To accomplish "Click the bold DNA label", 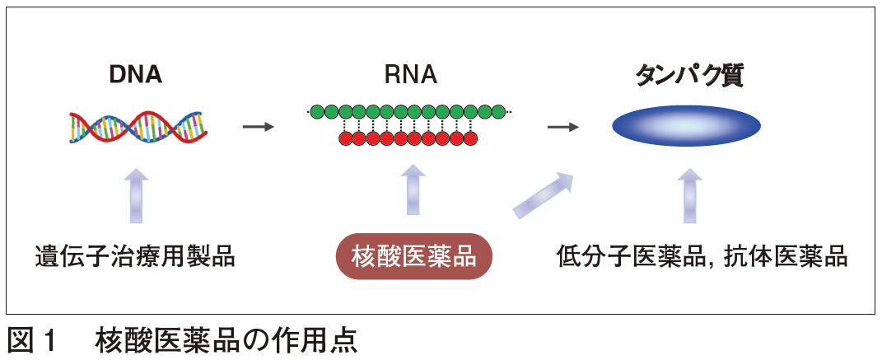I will pos(137,75).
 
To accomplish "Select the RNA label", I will pos(410,75).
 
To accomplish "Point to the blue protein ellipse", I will pos(686,126).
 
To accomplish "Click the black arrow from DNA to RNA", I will pos(258,127).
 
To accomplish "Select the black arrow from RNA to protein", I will pos(563,127).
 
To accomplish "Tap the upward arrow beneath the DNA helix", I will pos(138,194).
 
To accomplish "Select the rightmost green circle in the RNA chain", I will pos(497,111).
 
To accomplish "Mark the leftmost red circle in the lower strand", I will pos(346,138).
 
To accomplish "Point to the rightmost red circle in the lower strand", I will pos(470,138).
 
